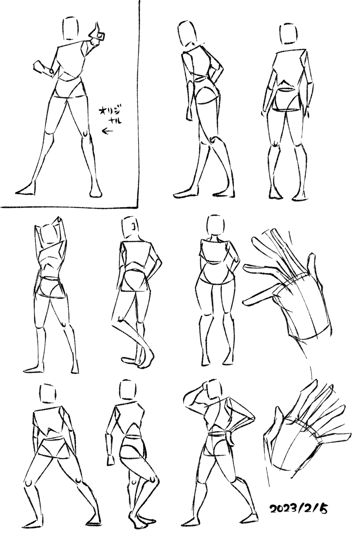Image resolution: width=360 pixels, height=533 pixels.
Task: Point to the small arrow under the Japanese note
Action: click(108, 131)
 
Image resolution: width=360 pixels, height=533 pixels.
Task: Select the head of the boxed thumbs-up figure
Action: click(71, 28)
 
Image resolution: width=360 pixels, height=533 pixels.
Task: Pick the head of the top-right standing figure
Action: click(289, 34)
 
